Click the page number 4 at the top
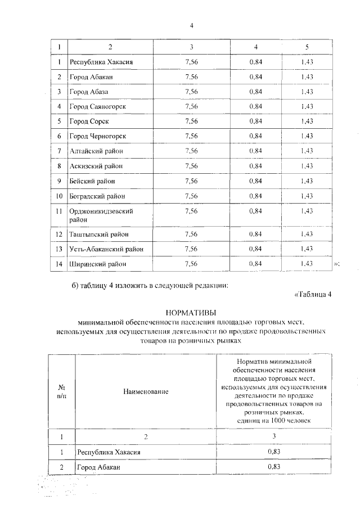click(192, 26)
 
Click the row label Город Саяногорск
click(97, 106)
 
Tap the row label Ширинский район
click(96, 263)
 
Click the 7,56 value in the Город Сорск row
click(191, 121)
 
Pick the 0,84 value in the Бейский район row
click(256, 181)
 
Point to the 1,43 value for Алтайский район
click(307, 151)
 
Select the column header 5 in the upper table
click(307, 46)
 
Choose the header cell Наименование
click(146, 391)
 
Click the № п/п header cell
click(61, 391)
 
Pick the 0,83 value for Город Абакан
click(274, 467)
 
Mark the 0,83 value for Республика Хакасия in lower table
click(274, 452)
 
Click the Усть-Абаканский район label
click(106, 249)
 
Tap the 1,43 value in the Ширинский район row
click(307, 263)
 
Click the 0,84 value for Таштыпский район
click(256, 233)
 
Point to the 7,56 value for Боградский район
click(191, 196)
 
